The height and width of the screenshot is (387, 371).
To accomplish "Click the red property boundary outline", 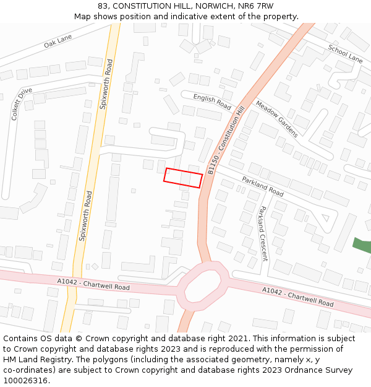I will click(183, 177).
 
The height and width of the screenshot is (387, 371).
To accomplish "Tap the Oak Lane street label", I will click(58, 41).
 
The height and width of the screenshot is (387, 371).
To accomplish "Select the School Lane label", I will click(345, 54).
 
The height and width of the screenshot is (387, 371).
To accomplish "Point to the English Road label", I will click(212, 102).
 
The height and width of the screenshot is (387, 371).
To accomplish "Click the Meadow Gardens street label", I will click(276, 119).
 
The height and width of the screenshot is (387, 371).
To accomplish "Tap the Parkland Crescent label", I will click(263, 233).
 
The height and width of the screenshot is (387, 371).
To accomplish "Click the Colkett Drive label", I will click(22, 103).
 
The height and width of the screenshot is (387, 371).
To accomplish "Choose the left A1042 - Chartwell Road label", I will click(93, 285).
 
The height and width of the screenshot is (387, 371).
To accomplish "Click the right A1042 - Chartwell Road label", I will click(297, 297).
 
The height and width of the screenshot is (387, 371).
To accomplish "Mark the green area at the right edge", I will click(362, 245).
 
